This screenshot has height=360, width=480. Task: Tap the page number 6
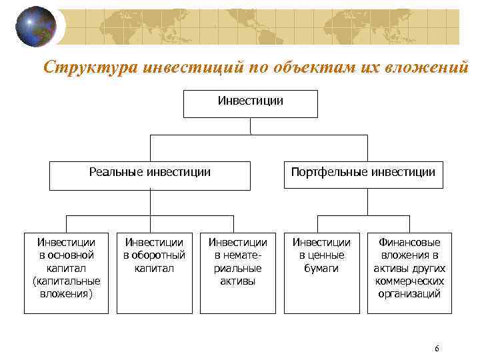pos(436,349)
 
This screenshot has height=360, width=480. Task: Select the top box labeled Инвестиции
pos(251,103)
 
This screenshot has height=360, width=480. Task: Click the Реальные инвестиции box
pos(150,175)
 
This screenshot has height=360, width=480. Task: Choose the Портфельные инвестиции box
pos(363,175)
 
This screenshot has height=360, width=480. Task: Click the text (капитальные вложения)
pos(66,287)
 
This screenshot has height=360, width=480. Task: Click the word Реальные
pos(115,172)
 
